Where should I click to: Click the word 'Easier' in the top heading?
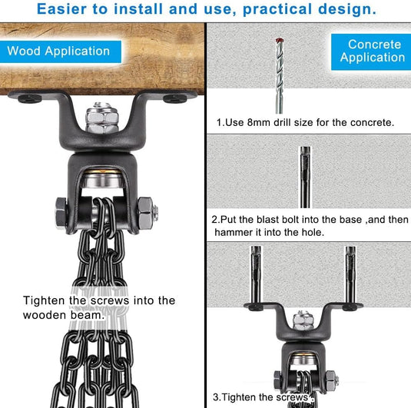(61, 9)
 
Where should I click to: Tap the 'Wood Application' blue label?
(60, 51)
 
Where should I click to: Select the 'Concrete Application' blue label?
(371, 51)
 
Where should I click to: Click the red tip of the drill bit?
(279, 41)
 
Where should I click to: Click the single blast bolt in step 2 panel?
(305, 177)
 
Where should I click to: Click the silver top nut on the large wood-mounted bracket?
(102, 118)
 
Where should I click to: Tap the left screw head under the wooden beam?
(30, 98)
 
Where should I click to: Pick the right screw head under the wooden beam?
(175, 98)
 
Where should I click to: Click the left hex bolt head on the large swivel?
(62, 212)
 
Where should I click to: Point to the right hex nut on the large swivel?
(146, 213)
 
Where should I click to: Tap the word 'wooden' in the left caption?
(45, 315)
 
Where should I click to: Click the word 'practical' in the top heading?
(277, 10)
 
